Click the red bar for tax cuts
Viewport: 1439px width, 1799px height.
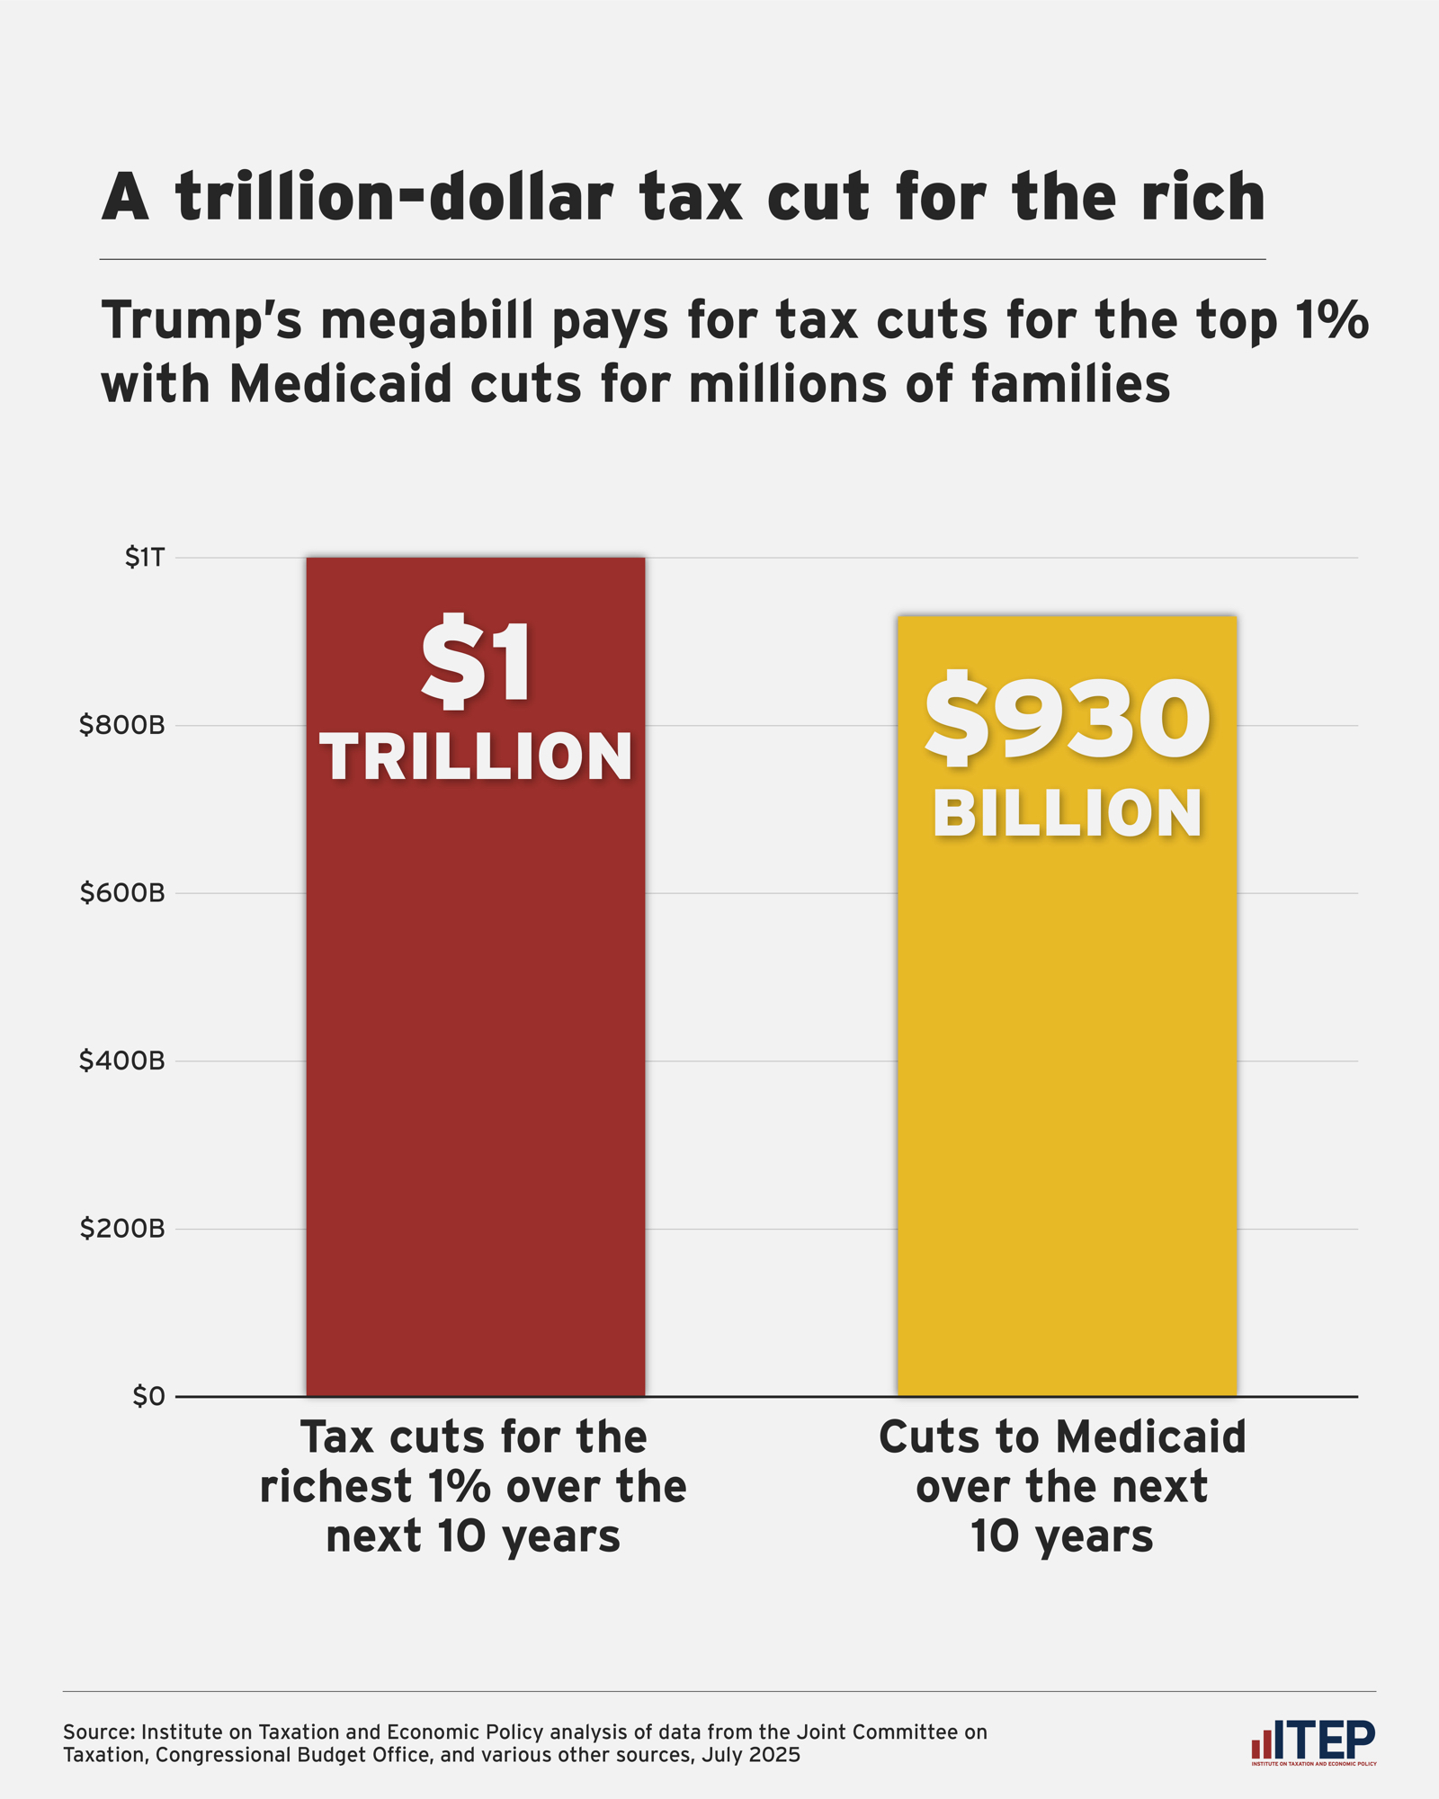(476, 1079)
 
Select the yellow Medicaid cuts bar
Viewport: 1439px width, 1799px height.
(1067, 1124)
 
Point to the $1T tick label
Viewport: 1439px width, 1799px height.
(145, 559)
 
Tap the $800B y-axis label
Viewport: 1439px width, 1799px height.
(122, 726)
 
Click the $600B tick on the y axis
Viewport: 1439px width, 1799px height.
(122, 893)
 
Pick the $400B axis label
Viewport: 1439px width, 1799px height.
(122, 1061)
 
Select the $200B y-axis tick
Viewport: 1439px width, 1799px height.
(122, 1229)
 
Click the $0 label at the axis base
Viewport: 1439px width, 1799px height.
(148, 1396)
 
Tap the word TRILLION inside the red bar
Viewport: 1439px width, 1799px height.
(476, 756)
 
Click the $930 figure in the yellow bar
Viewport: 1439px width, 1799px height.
(1067, 720)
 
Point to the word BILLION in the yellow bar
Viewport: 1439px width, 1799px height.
(1067, 814)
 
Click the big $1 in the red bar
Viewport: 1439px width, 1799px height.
(476, 661)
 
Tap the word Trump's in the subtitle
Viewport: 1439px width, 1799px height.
(202, 321)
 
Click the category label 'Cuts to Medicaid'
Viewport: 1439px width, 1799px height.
(1062, 1437)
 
